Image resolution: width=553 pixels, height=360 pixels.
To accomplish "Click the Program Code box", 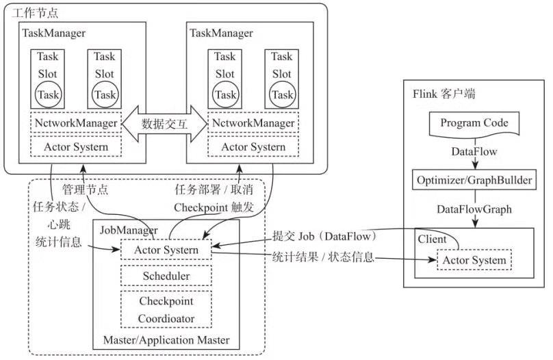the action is coord(474,124).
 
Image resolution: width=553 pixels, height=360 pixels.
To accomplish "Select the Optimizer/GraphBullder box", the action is coord(474,180).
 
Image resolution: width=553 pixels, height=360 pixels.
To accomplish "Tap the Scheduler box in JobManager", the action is coord(166,276).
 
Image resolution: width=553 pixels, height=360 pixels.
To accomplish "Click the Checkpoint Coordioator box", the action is coord(166,309).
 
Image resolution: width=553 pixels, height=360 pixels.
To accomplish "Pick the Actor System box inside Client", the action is coord(474,260).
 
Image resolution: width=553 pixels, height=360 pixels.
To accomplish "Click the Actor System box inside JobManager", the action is coord(166,250).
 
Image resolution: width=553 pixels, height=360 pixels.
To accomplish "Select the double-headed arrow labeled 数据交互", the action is coord(164,124).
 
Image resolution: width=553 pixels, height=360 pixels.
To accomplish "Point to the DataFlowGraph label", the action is coord(474,209).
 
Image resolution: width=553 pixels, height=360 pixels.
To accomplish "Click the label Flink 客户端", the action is coord(444,94).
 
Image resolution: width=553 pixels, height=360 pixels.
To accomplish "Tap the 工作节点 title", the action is coord(34,13).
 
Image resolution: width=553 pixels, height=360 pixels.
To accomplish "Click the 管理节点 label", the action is coord(85,190).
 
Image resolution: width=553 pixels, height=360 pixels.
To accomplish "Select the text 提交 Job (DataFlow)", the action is coord(324,236).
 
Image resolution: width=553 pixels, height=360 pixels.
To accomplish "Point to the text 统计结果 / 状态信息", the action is coord(323,257).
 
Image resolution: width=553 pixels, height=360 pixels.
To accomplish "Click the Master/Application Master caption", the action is coord(166,340).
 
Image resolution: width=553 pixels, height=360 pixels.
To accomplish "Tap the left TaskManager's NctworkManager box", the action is coord(76,123).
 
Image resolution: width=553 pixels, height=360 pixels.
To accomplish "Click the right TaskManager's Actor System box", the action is coord(253,146).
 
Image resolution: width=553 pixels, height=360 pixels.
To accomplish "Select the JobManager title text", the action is coord(129,230).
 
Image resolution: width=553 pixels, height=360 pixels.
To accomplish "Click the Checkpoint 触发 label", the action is coord(214,207).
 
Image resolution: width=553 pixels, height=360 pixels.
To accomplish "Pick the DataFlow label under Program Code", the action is coord(474,152).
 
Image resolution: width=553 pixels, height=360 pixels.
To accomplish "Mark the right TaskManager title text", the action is coord(221,33).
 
